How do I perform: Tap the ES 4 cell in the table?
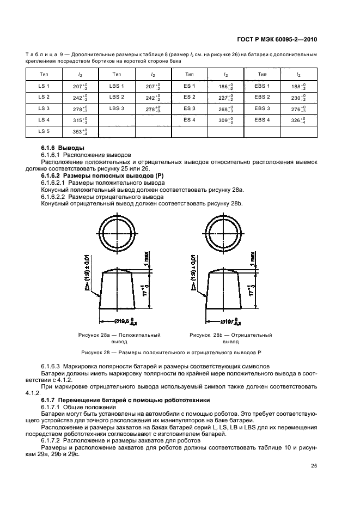coord(190,120)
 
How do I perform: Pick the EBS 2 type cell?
coord(262,97)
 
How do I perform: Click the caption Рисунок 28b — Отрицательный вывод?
coord(230,338)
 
